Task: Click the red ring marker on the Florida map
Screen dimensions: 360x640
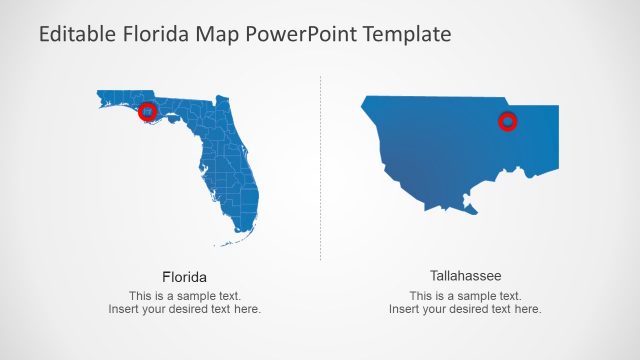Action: coord(147,111)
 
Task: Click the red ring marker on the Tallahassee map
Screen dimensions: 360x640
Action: coord(508,122)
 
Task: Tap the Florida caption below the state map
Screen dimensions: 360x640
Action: coord(184,276)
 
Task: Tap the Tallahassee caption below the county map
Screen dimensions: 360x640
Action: coord(465,275)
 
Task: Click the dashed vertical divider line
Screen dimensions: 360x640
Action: coord(320,170)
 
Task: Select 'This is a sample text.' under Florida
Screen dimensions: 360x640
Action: coord(185,296)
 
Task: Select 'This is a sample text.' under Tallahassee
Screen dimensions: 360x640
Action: coord(465,296)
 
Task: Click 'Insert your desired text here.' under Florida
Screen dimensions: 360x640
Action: coord(185,310)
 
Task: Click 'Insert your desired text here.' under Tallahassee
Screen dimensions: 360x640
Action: coord(465,310)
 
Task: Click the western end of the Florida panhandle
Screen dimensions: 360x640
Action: coord(101,96)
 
